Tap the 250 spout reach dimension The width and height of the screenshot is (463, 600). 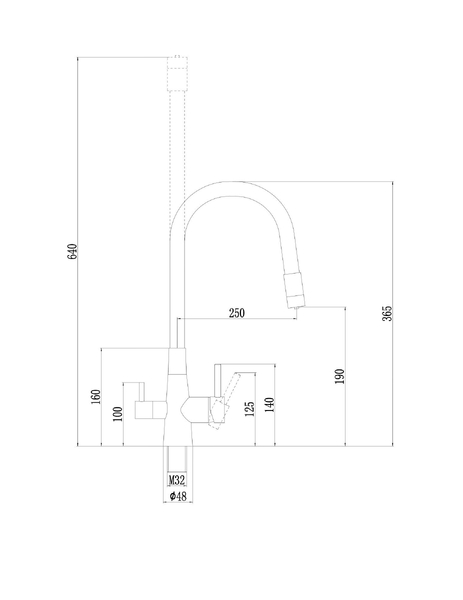pyautogui.click(x=237, y=313)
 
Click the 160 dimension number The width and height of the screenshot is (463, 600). pyautogui.click(x=96, y=396)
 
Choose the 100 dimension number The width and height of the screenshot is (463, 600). pyautogui.click(x=117, y=413)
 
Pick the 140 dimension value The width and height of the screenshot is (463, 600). pyautogui.click(x=270, y=404)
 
